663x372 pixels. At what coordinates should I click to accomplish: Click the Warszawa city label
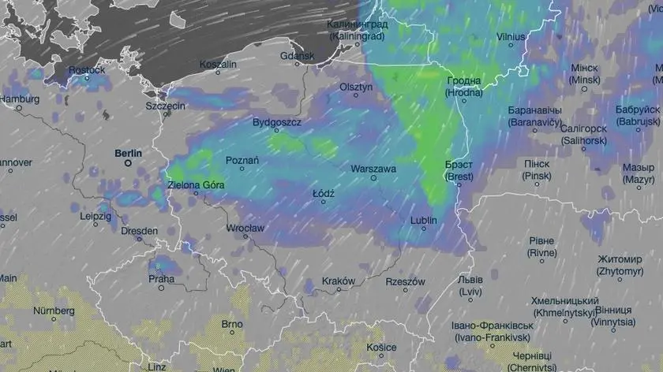coord(373,169)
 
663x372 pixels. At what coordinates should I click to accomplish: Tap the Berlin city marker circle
coord(128,164)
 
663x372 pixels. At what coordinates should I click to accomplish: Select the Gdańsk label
coord(297,56)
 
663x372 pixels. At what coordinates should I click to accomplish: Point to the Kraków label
coord(339,281)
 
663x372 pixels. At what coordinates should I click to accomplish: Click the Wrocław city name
coord(244,228)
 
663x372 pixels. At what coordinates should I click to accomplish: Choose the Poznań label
coord(242,160)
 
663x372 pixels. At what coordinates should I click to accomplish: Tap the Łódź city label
coord(323,192)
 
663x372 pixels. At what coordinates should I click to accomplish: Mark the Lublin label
coord(423,221)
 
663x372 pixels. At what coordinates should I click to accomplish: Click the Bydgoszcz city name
coord(276,122)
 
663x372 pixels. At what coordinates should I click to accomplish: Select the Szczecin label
coord(165,106)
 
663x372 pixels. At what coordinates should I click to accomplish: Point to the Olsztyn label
coord(355,87)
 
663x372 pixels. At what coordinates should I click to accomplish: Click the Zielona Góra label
coord(197,185)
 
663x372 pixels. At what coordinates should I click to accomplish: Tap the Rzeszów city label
coord(405,281)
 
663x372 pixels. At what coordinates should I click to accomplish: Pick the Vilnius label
coord(511,36)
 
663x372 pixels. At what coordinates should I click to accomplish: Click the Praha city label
coord(161,278)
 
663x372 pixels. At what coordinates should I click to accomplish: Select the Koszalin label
coord(218,64)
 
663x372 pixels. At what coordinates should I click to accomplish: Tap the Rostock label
coord(86,70)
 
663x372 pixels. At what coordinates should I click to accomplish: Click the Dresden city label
coord(139,232)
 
